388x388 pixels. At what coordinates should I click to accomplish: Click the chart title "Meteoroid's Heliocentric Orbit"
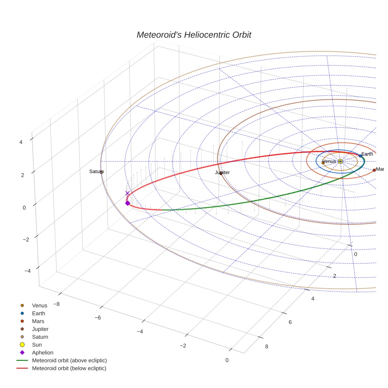[194, 35]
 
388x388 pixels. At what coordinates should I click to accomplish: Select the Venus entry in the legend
[39, 306]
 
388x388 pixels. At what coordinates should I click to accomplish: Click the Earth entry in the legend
[38, 313]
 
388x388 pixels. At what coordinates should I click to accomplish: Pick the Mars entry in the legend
[38, 321]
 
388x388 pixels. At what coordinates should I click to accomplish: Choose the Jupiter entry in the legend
[40, 329]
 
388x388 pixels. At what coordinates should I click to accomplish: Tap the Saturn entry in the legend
[40, 337]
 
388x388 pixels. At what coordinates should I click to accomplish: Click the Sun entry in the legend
[37, 345]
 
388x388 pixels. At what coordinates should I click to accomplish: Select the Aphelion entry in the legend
[42, 353]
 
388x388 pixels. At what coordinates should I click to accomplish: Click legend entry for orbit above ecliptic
[69, 361]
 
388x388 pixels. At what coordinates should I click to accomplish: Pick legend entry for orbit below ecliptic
[69, 369]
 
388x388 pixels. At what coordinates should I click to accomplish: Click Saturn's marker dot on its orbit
[101, 172]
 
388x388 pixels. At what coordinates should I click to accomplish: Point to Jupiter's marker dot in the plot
[221, 173]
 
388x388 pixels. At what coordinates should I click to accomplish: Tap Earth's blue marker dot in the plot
[360, 156]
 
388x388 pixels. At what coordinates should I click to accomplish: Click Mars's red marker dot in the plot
[374, 170]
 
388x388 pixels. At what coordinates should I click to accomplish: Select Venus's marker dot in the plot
[323, 163]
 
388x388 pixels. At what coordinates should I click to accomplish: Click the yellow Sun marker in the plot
[340, 161]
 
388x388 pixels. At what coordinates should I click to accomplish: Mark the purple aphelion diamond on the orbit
[127, 203]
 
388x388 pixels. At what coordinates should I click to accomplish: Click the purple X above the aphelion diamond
[127, 193]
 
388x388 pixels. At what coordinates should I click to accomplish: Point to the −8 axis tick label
[57, 304]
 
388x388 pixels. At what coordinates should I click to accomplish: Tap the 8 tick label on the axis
[267, 347]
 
